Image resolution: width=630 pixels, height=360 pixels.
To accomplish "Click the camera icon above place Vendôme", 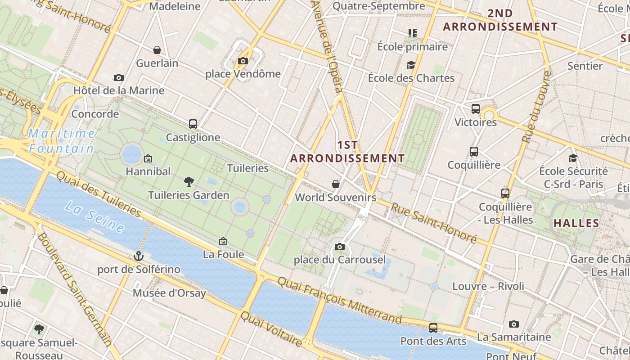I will click(243, 61).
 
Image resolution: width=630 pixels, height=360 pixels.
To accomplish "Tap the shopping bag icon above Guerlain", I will click(157, 49).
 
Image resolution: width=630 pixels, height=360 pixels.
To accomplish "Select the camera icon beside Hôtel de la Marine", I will click(119, 77).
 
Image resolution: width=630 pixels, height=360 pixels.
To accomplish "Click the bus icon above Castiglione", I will click(193, 124).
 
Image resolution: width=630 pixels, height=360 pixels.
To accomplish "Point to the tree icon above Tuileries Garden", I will click(189, 181).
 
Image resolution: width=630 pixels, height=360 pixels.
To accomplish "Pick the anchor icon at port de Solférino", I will click(139, 256).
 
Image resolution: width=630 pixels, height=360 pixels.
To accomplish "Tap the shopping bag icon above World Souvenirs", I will click(335, 184).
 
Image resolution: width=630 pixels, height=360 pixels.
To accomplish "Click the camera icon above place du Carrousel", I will click(340, 247).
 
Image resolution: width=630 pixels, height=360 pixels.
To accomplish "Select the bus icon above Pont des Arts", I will click(433, 328).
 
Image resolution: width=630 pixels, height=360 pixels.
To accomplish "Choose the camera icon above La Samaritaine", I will click(513, 324).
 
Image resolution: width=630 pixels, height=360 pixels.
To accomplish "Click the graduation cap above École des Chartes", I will click(411, 65).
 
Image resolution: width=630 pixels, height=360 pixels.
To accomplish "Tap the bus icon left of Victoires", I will click(476, 109).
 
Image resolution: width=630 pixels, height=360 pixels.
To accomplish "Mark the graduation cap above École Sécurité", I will click(573, 158).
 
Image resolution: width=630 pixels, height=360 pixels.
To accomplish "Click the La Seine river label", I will click(94, 217).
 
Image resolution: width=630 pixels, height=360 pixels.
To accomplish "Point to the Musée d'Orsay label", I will click(169, 293).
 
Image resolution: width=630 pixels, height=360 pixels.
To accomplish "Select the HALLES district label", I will click(576, 223).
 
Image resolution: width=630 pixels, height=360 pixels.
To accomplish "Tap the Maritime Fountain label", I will click(62, 141).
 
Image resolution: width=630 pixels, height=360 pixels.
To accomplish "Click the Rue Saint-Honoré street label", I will click(433, 223).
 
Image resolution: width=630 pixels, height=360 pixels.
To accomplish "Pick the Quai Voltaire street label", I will click(271, 328).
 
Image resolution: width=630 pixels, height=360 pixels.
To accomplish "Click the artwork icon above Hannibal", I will click(148, 158).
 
